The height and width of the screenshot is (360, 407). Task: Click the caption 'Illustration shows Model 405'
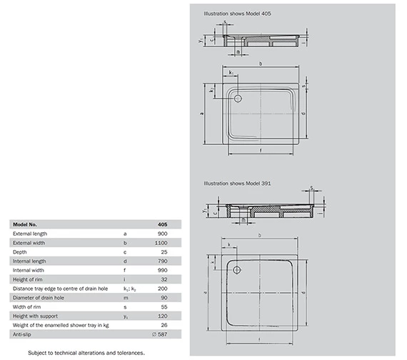coord(237,14)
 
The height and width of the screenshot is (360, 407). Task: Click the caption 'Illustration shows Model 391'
coord(237,184)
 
